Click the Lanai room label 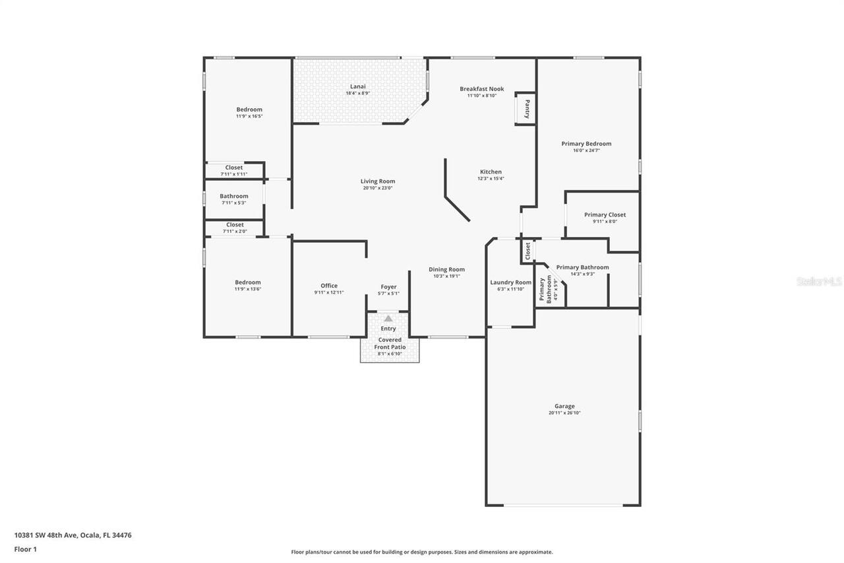(357, 86)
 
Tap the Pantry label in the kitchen (527, 108)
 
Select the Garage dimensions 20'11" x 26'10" (564, 413)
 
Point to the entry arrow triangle (388, 319)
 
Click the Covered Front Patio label (389, 343)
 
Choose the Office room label (329, 286)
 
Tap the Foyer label (388, 287)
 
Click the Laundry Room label (510, 282)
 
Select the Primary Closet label (605, 215)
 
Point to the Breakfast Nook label (481, 88)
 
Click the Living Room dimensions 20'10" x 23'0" (378, 188)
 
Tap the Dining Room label (446, 269)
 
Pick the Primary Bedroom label (586, 143)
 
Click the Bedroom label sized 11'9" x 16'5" (249, 110)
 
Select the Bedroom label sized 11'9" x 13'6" (248, 282)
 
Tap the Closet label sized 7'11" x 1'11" (234, 168)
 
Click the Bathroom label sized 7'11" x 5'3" (234, 196)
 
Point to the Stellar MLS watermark (819, 281)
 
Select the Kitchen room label (491, 172)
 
